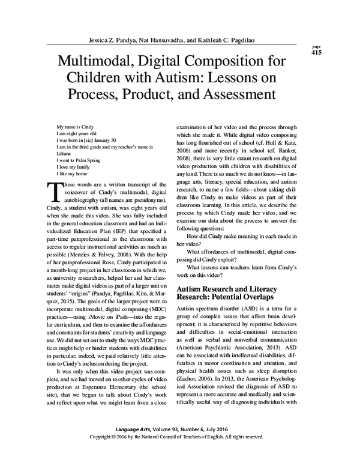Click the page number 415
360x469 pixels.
click(316, 52)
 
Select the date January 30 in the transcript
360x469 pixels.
click(124, 141)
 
